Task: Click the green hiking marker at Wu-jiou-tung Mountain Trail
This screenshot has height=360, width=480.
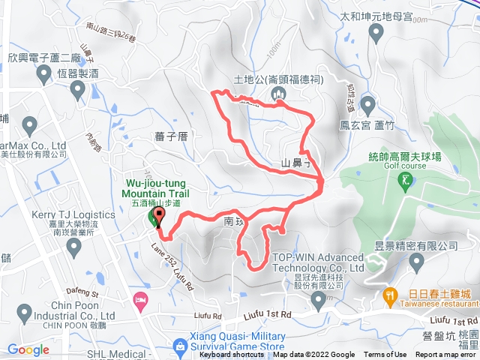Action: pyautogui.click(x=154, y=218)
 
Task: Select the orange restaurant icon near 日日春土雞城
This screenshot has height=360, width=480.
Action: pyautogui.click(x=390, y=295)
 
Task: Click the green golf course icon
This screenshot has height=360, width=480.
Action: pyautogui.click(x=406, y=179)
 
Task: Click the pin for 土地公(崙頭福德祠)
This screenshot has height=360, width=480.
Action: pyautogui.click(x=278, y=93)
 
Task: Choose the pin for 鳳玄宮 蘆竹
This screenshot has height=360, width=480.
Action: pyautogui.click(x=367, y=103)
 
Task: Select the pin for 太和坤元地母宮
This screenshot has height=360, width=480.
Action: pyautogui.click(x=376, y=31)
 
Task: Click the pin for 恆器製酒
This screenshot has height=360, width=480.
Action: pyautogui.click(x=76, y=91)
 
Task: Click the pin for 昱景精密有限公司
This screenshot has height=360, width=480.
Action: pyautogui.click(x=417, y=261)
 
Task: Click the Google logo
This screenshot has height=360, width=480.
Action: pyautogui.click(x=28, y=350)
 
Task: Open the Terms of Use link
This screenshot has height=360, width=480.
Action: pyautogui.click(x=385, y=355)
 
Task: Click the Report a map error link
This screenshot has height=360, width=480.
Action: pyautogui.click(x=446, y=355)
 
